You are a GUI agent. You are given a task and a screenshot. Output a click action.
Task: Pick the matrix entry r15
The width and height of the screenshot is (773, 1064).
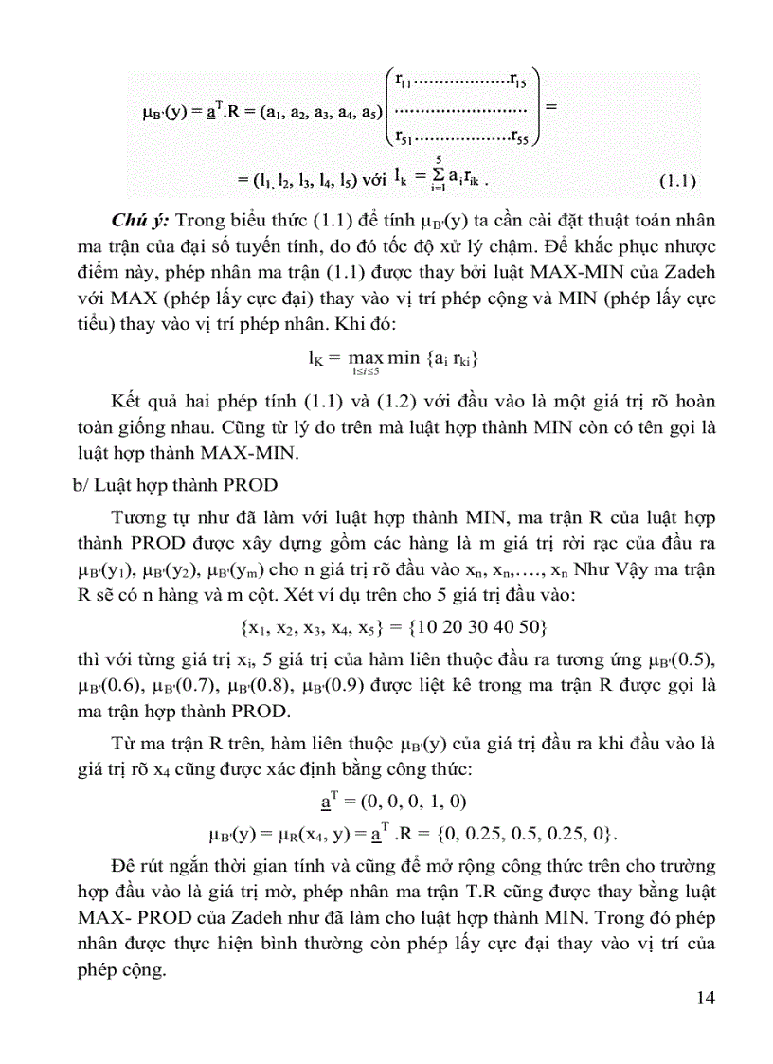(x=518, y=79)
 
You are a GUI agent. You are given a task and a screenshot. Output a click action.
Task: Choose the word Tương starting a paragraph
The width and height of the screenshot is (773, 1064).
(x=138, y=517)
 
